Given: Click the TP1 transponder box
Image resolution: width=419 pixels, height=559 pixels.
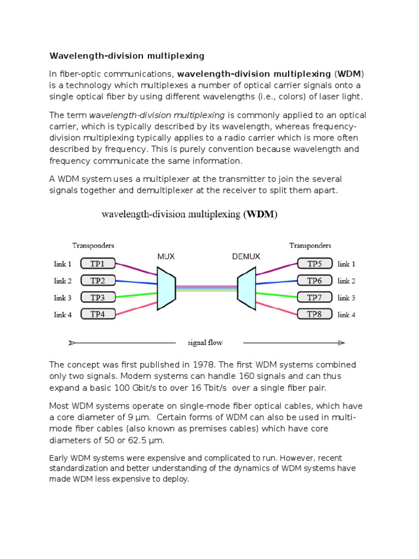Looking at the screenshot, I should (98, 264).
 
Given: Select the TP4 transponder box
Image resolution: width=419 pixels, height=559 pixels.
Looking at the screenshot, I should (98, 314).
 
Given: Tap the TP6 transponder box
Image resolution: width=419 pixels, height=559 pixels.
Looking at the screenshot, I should (314, 281).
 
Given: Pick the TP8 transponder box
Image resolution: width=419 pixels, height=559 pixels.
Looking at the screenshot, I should (314, 314).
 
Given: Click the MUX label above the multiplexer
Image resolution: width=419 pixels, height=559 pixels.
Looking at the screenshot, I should (166, 256).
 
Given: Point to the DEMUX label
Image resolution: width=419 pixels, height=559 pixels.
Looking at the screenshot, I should (246, 256).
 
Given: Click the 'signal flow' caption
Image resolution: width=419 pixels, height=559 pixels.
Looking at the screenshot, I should (205, 343).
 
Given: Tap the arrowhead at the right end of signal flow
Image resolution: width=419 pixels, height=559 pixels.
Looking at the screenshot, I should (342, 343).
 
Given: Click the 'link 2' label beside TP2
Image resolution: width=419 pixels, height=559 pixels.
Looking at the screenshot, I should (63, 281).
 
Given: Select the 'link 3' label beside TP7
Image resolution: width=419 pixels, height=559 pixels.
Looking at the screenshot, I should (346, 298).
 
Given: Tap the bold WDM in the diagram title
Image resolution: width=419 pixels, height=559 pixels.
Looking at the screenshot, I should (260, 215).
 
